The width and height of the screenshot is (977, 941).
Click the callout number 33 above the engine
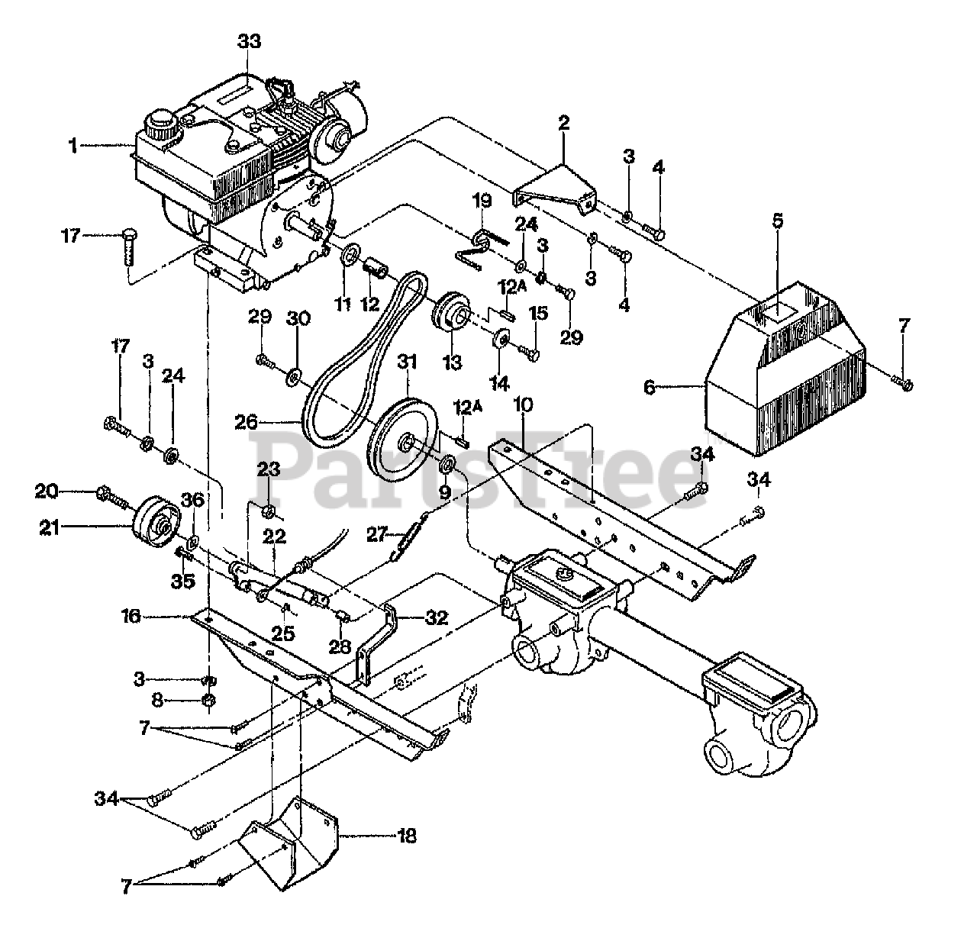pyautogui.click(x=249, y=41)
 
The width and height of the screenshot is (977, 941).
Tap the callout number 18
pyautogui.click(x=407, y=836)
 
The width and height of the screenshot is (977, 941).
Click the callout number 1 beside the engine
pyautogui.click(x=73, y=145)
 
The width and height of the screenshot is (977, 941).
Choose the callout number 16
pyautogui.click(x=131, y=616)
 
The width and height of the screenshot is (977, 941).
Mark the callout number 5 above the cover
pyautogui.click(x=778, y=221)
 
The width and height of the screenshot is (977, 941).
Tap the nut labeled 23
pyautogui.click(x=270, y=511)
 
